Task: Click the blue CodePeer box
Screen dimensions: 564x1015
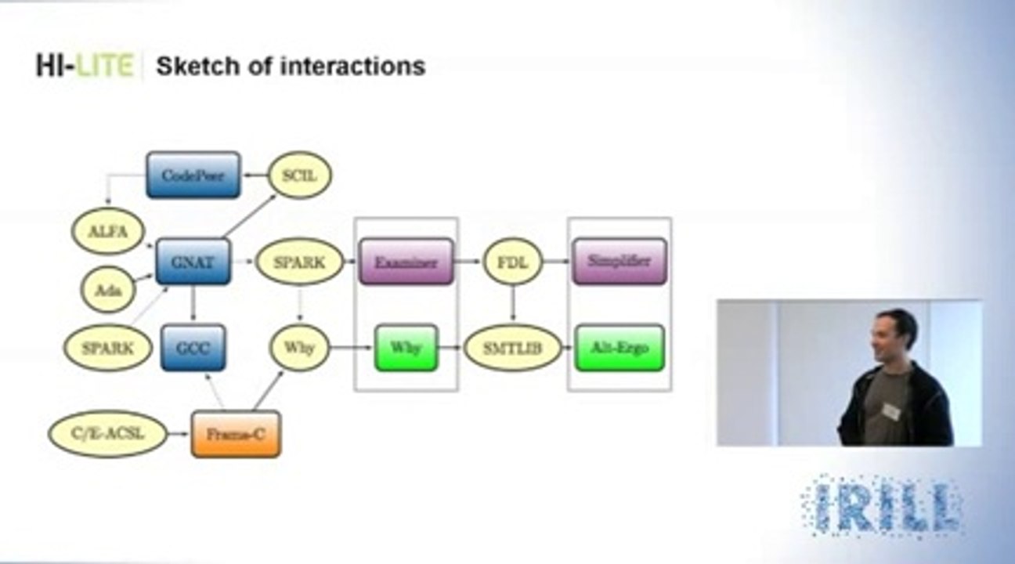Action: tap(193, 175)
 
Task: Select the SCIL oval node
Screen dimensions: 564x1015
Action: tap(300, 175)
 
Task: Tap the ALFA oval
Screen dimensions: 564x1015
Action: tap(109, 231)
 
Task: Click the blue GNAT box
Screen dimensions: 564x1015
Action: tap(193, 262)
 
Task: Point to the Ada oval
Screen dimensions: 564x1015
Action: tap(109, 289)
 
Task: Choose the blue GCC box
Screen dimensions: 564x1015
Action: tap(193, 347)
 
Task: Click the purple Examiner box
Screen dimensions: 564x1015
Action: tap(406, 262)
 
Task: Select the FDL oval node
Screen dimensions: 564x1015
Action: tap(513, 262)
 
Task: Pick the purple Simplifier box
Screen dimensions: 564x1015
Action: tap(619, 262)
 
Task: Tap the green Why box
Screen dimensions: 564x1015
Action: tap(406, 347)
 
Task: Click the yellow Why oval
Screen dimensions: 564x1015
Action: tap(299, 347)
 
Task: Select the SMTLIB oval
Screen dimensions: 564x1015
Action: tap(513, 347)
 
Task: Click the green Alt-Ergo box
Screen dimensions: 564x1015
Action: tap(619, 347)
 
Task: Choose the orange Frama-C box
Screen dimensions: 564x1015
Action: tap(236, 433)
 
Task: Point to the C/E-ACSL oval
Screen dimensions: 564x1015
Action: tap(108, 433)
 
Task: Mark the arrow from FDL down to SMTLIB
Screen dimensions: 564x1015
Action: tap(513, 302)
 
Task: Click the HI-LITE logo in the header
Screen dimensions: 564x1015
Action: tap(85, 66)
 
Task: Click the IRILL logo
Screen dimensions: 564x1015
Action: tap(883, 506)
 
